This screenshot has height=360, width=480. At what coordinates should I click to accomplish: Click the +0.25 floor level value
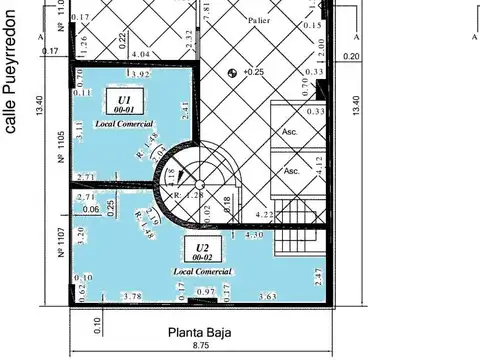[x=254, y=72]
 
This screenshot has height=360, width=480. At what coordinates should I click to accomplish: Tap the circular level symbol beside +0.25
[x=233, y=72]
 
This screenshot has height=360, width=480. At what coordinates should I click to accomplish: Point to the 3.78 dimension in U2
[x=130, y=296]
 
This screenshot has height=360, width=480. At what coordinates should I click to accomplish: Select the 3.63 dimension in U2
[x=267, y=296]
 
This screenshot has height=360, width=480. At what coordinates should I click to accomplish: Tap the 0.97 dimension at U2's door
[x=205, y=291]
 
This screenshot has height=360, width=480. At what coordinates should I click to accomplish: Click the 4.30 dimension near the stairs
[x=254, y=235]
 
